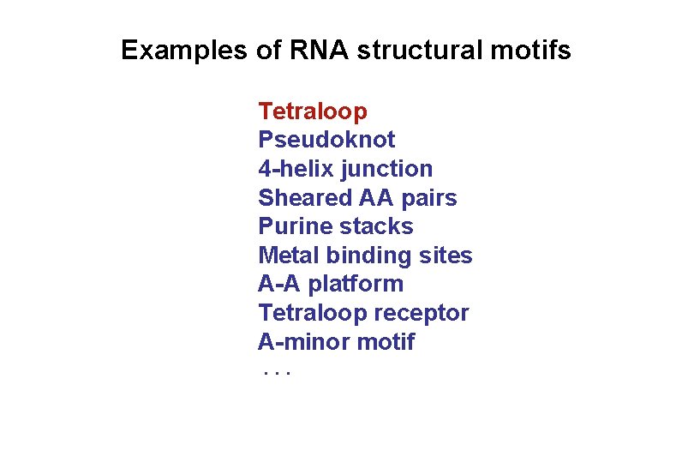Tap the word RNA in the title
[320, 51]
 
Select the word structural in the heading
[417, 51]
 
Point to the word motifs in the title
[529, 51]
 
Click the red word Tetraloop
[313, 111]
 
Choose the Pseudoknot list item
[326, 140]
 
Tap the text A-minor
[296, 342]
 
